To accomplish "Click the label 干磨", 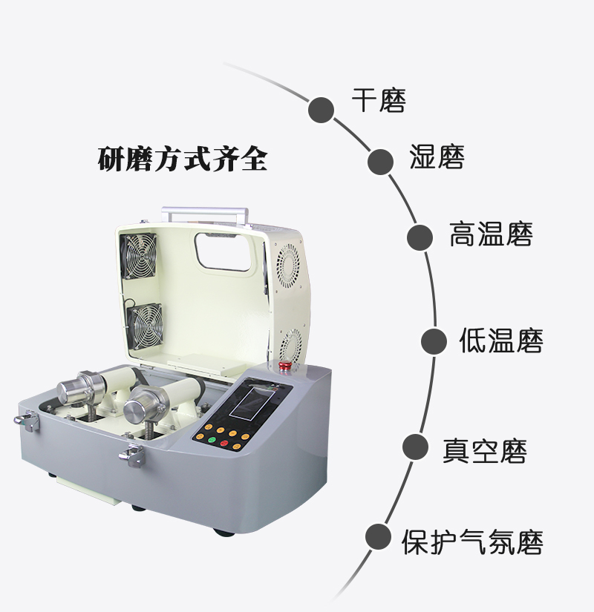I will click(379, 101).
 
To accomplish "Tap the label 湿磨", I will click(437, 157).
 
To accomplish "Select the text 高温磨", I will click(491, 234).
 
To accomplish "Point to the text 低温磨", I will click(501, 341).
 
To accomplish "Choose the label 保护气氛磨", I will click(472, 542).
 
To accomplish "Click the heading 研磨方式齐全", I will click(182, 159).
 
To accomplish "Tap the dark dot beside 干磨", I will click(322, 108).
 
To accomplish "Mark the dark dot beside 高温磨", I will click(420, 237).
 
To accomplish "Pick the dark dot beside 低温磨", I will click(434, 341).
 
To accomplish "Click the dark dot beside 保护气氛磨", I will click(378, 536).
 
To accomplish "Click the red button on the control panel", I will click(223, 444).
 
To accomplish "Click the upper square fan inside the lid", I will click(139, 255).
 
